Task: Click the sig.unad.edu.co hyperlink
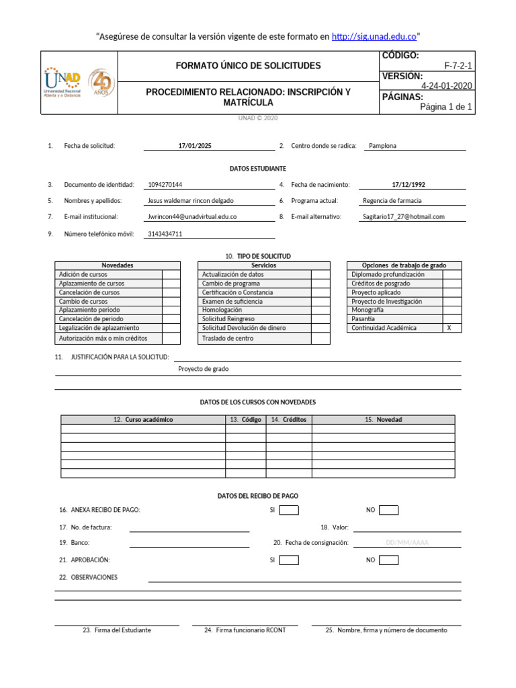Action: click(x=374, y=36)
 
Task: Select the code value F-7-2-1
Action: click(x=458, y=66)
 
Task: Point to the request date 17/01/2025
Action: click(x=195, y=146)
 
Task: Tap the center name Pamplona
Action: click(x=382, y=146)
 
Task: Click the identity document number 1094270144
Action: click(x=165, y=185)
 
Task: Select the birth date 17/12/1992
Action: click(x=408, y=185)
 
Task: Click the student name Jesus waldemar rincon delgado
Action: click(x=190, y=201)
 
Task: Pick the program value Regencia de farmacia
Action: click(x=392, y=201)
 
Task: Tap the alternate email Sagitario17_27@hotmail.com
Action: click(x=404, y=217)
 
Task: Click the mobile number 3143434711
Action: click(x=165, y=234)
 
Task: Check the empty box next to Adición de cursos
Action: click(x=171, y=275)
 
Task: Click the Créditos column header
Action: click(x=289, y=420)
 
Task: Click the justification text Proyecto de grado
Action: click(x=203, y=369)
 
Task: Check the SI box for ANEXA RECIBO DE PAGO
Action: click(x=289, y=511)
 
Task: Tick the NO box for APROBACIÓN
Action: click(x=388, y=560)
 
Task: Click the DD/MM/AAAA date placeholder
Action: click(x=407, y=543)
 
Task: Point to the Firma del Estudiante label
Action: click(x=117, y=630)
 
